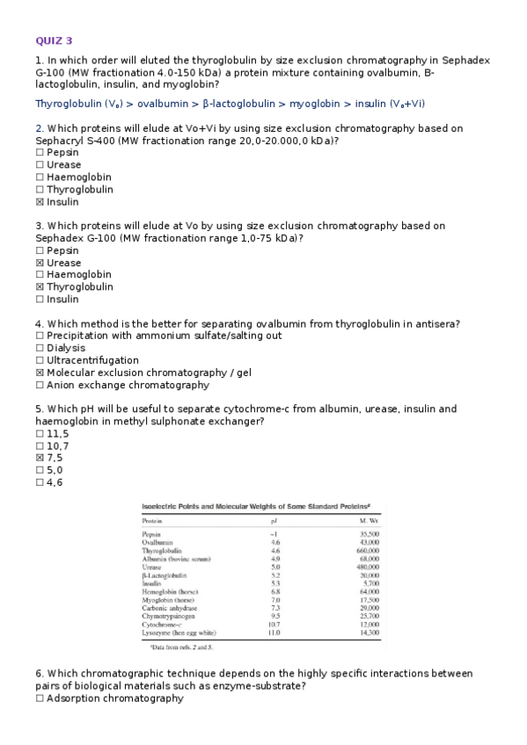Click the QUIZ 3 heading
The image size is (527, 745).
54,40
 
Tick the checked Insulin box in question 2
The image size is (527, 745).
40,202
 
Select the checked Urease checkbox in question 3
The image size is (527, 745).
40,263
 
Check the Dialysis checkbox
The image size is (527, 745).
40,348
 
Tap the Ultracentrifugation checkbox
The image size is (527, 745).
40,360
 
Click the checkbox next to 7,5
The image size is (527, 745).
40,458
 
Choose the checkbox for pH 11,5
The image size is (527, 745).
40,434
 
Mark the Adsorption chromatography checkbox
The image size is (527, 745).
40,698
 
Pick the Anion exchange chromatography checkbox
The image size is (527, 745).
40,385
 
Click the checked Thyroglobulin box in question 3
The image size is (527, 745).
40,287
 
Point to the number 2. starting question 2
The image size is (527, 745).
40,128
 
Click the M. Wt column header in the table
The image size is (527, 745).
363,520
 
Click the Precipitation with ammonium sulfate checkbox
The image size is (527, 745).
40,336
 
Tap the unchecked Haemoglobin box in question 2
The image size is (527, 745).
40,177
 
